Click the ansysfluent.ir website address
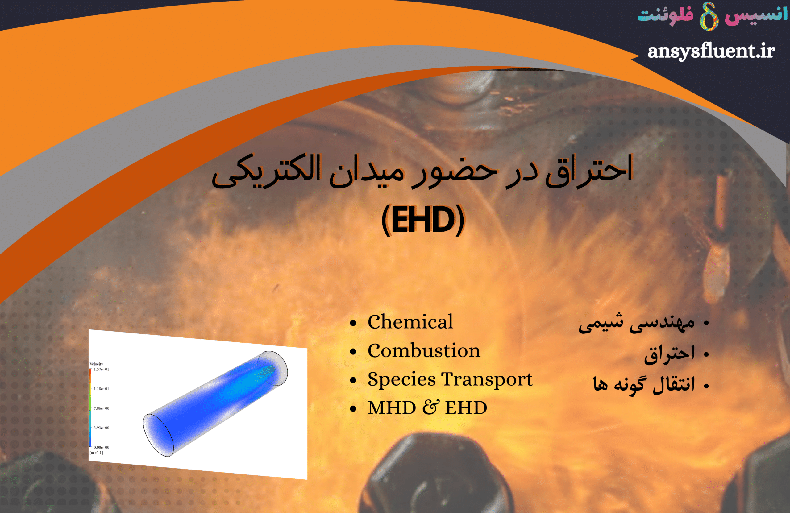pyautogui.click(x=711, y=52)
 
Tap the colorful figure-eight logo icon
pyautogui.click(x=709, y=16)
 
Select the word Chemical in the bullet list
pyautogui.click(x=410, y=321)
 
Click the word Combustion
pyautogui.click(x=424, y=350)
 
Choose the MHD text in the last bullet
pyautogui.click(x=392, y=408)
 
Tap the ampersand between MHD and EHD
pyautogui.click(x=430, y=408)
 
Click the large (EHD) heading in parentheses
pyautogui.click(x=423, y=220)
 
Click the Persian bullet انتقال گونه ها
pyautogui.click(x=644, y=385)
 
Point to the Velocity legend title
pyautogui.click(x=96, y=364)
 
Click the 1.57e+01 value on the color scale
pyautogui.click(x=101, y=369)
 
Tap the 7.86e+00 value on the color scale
pyautogui.click(x=101, y=408)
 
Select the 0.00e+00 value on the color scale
pyautogui.click(x=101, y=447)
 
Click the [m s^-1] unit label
pyautogui.click(x=96, y=453)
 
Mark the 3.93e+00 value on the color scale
pyautogui.click(x=101, y=428)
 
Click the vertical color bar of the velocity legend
pyautogui.click(x=90, y=408)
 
